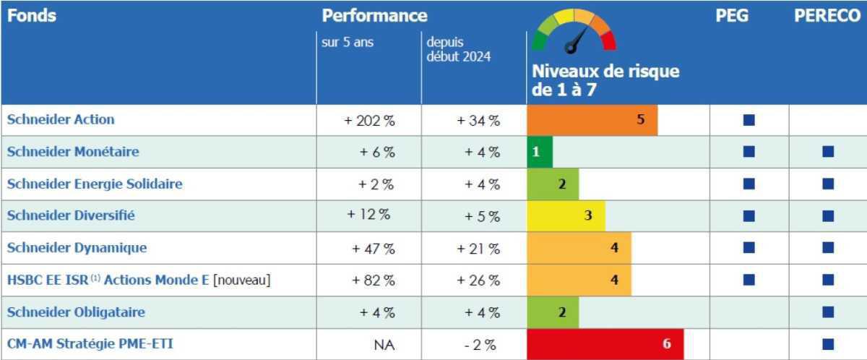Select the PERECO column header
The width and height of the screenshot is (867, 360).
click(x=827, y=16)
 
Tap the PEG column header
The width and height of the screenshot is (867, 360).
click(x=731, y=16)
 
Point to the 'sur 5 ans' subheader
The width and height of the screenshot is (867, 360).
click(x=348, y=42)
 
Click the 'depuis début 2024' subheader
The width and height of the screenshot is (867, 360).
click(x=458, y=49)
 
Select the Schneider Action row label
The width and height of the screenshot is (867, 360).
click(x=61, y=120)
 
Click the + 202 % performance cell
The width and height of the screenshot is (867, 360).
click(x=369, y=121)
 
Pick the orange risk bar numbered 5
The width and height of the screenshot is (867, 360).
click(x=592, y=120)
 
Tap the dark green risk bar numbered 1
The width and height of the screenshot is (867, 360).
click(x=539, y=152)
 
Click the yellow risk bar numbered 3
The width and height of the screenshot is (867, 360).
click(x=566, y=215)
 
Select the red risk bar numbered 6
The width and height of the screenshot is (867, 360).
click(x=605, y=344)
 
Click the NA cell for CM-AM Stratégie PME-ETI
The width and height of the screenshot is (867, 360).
click(x=384, y=345)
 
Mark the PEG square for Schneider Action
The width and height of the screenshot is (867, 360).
click(x=749, y=121)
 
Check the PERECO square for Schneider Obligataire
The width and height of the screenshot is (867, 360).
click(x=828, y=312)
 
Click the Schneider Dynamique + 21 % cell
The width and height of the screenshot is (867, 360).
click(x=478, y=249)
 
